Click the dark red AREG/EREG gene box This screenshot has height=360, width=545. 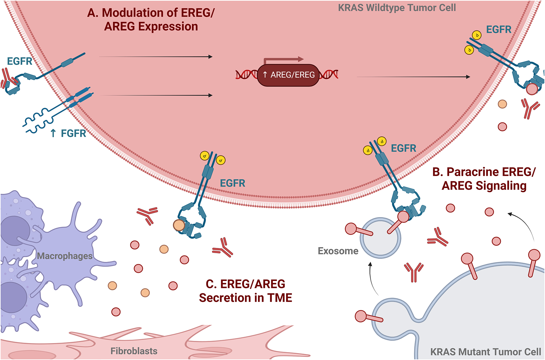288,75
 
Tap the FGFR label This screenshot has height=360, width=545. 73,133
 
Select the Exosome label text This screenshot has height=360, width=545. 338,251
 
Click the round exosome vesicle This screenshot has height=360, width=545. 380,238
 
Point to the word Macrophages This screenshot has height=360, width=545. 64,256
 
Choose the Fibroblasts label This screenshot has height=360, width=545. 134,351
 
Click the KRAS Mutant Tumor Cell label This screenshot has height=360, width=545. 485,352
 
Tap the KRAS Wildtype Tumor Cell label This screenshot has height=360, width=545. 397,8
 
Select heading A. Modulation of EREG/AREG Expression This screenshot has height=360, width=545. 151,20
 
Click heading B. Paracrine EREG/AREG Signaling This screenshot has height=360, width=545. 484,179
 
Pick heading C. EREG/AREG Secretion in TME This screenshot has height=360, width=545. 245,291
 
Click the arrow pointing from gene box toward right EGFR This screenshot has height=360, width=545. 413,77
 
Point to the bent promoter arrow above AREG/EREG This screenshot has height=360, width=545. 283,59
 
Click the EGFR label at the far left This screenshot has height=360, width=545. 19,61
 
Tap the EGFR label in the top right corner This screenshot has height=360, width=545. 498,30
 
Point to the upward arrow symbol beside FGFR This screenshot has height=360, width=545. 53,133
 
